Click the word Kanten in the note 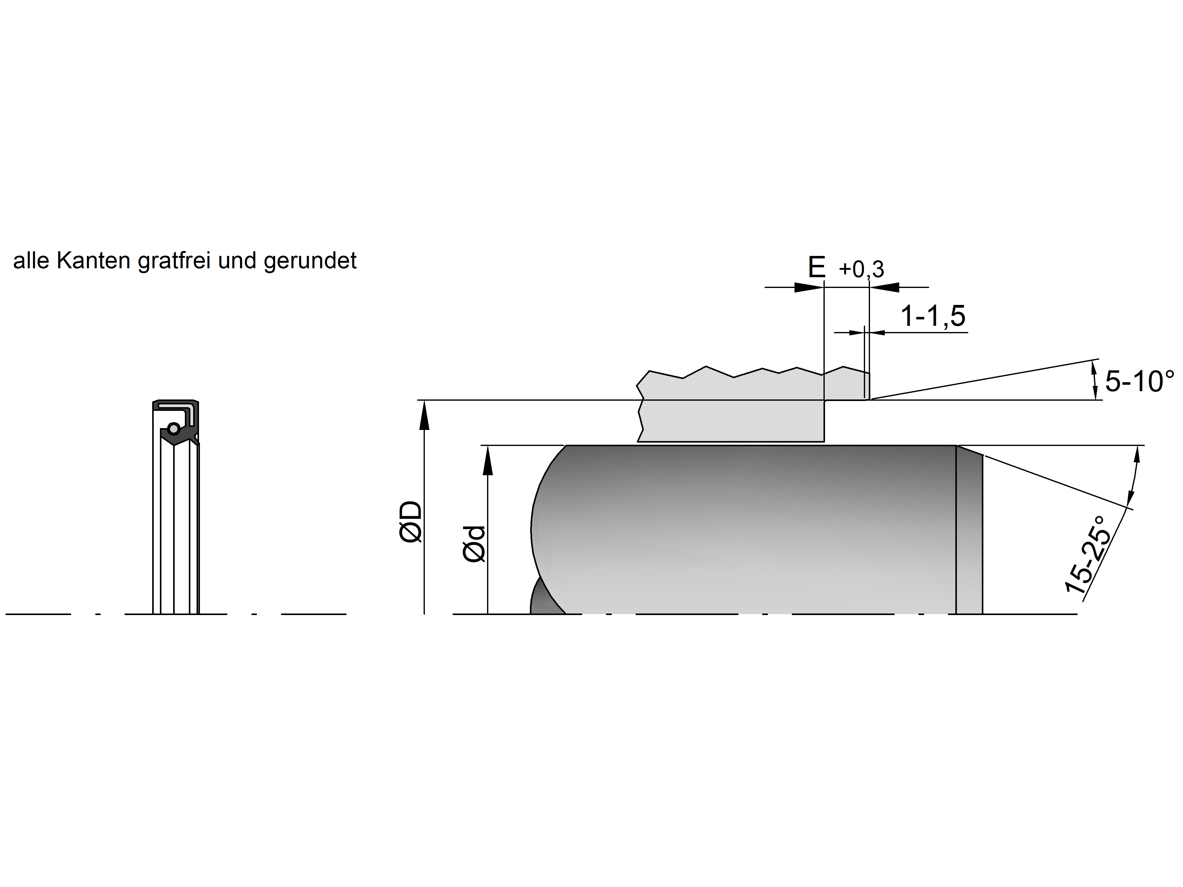point(94,261)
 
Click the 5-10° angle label point(1140,382)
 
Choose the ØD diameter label point(411,522)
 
